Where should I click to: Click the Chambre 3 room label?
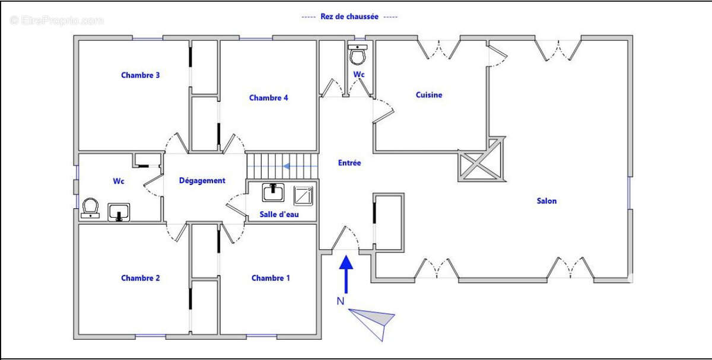[141, 75]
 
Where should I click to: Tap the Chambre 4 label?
[268, 98]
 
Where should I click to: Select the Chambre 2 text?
[141, 278]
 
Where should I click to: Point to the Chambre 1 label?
[271, 278]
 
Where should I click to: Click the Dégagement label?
[202, 181]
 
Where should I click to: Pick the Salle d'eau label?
[279, 214]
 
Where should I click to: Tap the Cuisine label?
[428, 95]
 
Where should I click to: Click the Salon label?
[546, 201]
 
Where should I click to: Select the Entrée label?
[349, 163]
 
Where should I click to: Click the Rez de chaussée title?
[349, 17]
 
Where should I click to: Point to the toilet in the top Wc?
[358, 56]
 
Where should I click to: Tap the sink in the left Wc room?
[119, 212]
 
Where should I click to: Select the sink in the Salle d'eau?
[273, 193]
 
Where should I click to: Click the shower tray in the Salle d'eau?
[303, 195]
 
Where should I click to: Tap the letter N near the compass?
[340, 301]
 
